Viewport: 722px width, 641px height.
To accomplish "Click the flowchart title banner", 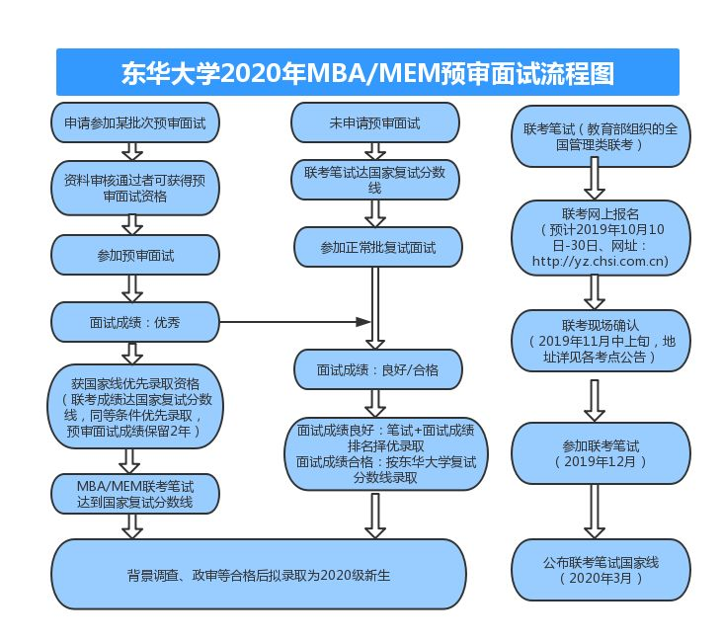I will pos(367,73).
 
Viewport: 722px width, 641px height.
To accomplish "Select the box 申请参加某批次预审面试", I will pos(135,123).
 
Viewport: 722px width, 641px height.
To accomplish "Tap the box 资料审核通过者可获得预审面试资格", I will pos(135,188).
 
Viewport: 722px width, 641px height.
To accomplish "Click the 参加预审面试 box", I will pos(135,255).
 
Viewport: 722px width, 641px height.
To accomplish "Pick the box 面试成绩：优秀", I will pos(135,322).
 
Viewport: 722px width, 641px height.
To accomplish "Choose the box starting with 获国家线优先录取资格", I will pos(135,407).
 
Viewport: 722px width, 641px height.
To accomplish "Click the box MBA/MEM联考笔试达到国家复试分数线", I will pos(135,494).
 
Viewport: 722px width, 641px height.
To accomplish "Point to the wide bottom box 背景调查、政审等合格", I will pos(259,574).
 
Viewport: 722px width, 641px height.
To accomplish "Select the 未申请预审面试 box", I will pos(375,123).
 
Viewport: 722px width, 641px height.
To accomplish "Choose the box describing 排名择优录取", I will pos(386,453).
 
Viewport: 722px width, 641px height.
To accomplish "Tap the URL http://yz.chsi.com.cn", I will pos(600,261).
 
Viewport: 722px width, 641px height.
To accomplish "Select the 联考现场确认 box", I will pos(601,340).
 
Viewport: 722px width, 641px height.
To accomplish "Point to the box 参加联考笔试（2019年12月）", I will pos(601,452).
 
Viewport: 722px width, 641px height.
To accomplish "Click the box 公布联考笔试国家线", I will pos(601,570).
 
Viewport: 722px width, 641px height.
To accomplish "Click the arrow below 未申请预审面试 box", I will pos(375,150).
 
